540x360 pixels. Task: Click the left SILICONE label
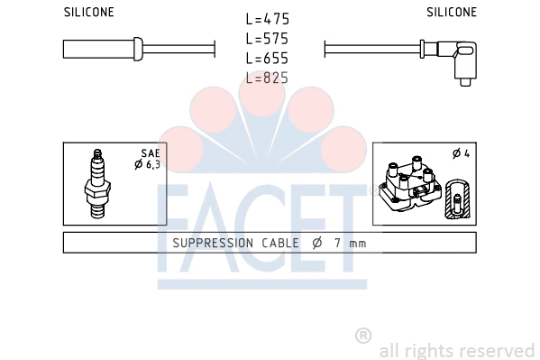[x=89, y=12]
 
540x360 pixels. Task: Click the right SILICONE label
[x=451, y=12]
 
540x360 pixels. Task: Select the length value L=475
[x=268, y=19]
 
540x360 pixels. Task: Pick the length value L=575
[x=268, y=39]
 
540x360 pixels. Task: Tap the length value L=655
[x=268, y=59]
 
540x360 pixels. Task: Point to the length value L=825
[x=268, y=78]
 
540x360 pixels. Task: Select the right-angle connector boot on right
[x=465, y=60]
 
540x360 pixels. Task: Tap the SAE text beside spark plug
[x=150, y=153]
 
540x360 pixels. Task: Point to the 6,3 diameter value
[x=152, y=164]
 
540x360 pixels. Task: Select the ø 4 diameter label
[x=461, y=153]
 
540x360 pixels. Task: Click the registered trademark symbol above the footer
[x=363, y=336]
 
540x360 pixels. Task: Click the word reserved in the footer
[x=500, y=350]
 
